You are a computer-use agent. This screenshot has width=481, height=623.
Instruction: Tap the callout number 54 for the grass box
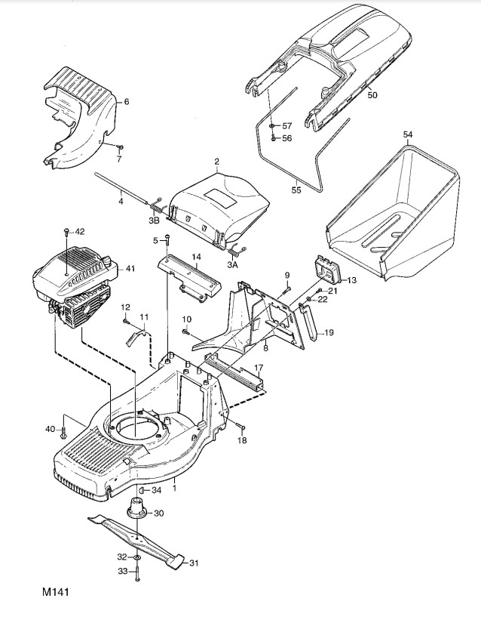point(408,134)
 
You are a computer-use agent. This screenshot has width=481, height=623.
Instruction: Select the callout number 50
point(372,95)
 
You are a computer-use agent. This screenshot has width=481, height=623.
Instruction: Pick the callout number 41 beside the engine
point(130,268)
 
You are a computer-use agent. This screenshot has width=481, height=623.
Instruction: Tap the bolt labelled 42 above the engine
point(68,230)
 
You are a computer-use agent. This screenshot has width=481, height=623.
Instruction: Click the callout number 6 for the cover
point(126,100)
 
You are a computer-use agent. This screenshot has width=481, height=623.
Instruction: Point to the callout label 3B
point(154,221)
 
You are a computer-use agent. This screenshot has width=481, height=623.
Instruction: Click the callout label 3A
point(233,265)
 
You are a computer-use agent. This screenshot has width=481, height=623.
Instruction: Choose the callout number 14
point(195,258)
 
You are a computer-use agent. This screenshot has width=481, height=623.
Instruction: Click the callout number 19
point(329,332)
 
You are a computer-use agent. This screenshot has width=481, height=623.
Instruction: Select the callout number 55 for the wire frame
point(296,190)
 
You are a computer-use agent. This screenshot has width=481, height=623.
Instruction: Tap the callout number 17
point(258,368)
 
